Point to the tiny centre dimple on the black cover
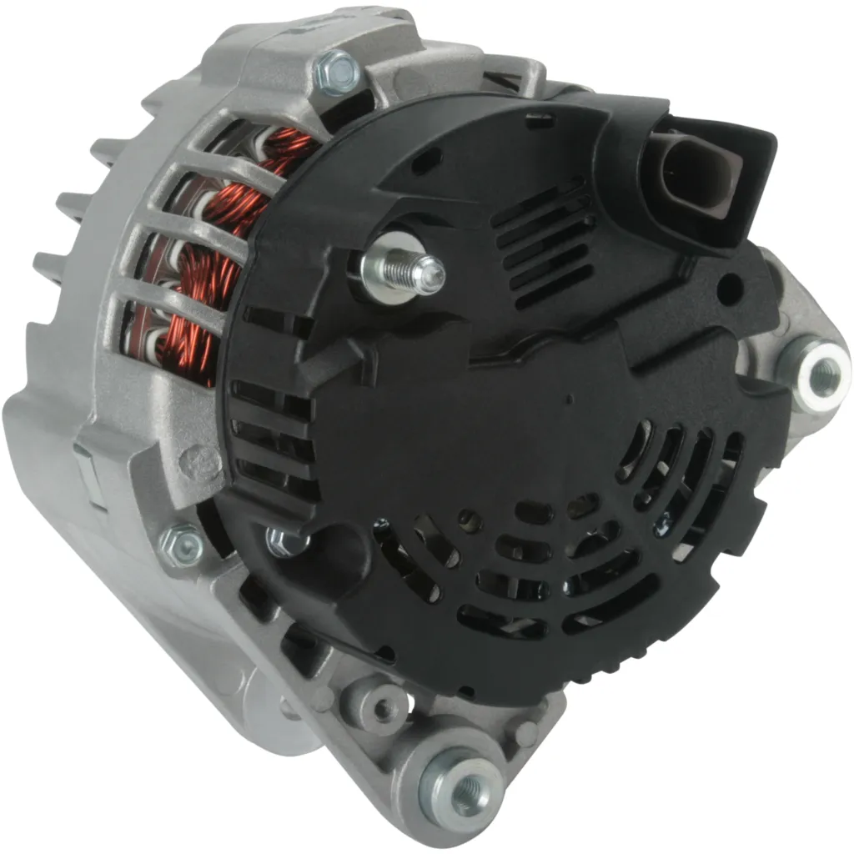click(569, 399)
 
